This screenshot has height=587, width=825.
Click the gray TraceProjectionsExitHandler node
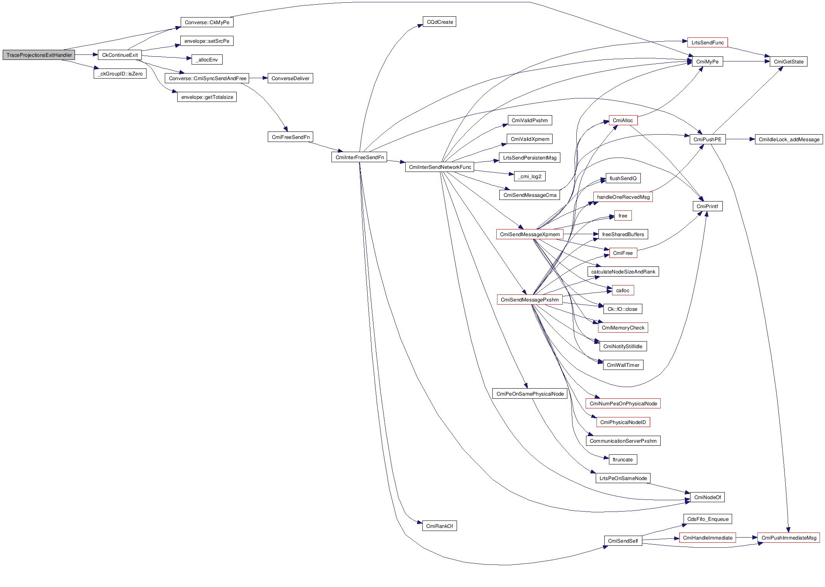tap(39, 55)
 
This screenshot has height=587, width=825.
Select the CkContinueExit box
tap(120, 55)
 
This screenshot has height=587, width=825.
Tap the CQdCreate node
tap(440, 22)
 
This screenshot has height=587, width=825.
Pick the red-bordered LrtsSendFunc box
tap(707, 43)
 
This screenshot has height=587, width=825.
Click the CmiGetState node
tap(788, 62)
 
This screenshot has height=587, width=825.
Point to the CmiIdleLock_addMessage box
tap(788, 140)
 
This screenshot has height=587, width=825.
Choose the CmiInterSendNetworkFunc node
tap(440, 167)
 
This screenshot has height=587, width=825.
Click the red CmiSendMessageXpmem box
tap(529, 235)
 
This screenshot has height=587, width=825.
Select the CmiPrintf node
tap(707, 207)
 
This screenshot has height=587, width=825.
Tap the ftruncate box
tap(623, 460)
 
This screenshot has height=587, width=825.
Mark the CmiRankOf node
tap(439, 526)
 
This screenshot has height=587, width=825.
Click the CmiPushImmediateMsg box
tap(788, 538)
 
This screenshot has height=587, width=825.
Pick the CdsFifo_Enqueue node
tap(708, 519)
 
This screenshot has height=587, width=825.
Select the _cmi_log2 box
tap(530, 177)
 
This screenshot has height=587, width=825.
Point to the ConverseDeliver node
tap(290, 79)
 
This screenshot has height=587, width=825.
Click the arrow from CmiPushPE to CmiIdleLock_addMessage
tap(740, 139)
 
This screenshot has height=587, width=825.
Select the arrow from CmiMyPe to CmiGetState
tap(746, 61)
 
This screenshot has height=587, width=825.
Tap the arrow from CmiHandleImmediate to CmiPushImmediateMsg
tap(747, 538)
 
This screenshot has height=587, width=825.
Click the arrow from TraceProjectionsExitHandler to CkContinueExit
tap(86, 55)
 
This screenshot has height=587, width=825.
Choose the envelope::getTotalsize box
tap(207, 97)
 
